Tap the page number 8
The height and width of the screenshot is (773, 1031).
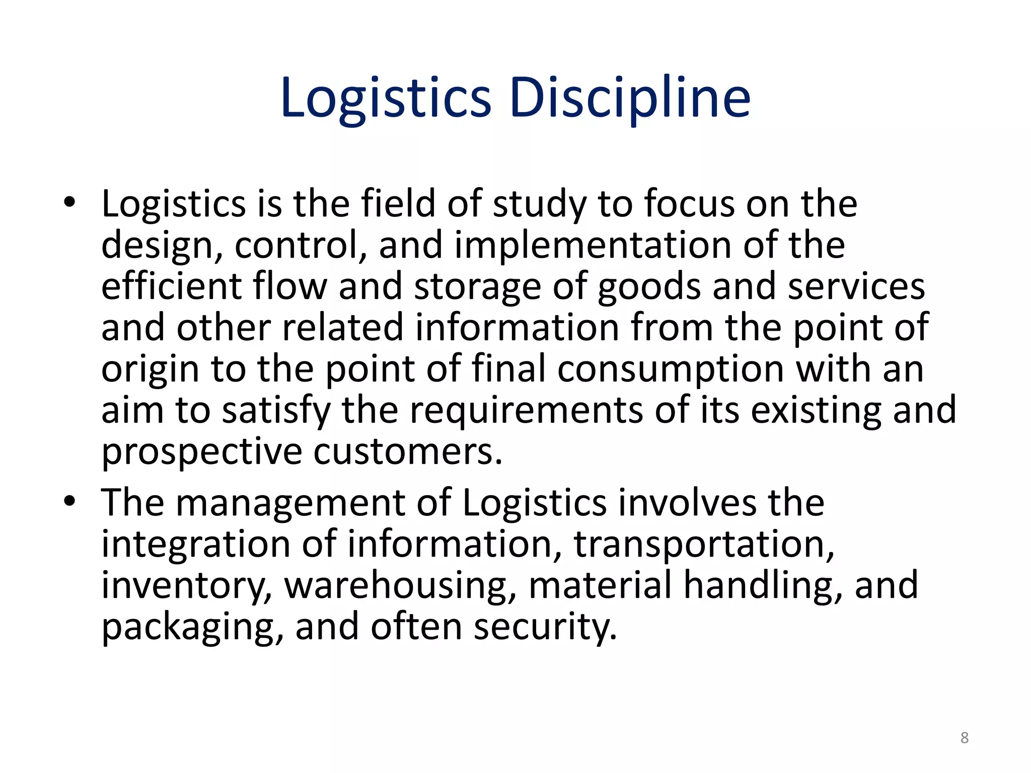tap(964, 738)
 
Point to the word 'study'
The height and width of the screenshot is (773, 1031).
tap(539, 204)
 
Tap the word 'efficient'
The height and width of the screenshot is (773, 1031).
tap(172, 286)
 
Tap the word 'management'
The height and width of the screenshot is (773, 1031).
tap(290, 503)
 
